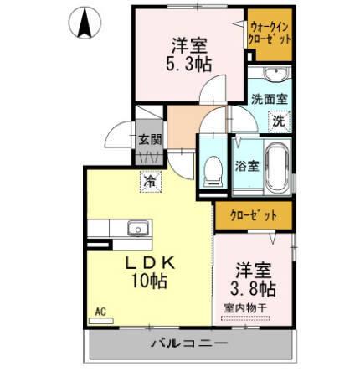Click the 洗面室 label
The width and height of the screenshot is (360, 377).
(270, 98)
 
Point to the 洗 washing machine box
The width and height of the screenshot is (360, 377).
(278, 121)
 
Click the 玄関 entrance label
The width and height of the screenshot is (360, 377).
(150, 140)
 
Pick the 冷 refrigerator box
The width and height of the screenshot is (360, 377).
(150, 179)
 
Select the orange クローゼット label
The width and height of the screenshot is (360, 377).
(254, 215)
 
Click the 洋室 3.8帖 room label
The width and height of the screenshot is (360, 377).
(255, 278)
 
